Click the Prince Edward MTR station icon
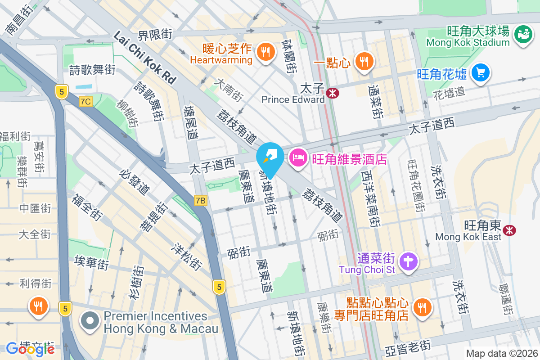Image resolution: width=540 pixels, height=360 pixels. [x=333, y=93]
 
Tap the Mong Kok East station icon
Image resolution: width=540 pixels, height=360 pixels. [x=510, y=230]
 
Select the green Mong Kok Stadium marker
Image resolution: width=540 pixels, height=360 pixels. [x=523, y=34]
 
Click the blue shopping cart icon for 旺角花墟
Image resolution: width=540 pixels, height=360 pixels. [x=480, y=72]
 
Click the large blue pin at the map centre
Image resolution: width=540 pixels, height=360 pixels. [x=270, y=158]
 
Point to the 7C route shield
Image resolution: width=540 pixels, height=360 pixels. [x=85, y=102]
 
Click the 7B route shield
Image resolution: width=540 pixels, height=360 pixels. [x=201, y=201]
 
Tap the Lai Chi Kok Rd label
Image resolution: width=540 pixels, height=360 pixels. [x=144, y=56]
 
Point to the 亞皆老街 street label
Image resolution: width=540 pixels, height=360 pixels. [x=409, y=348]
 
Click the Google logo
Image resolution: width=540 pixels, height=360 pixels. [x=31, y=349]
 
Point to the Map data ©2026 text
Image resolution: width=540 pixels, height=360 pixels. [x=501, y=353]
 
